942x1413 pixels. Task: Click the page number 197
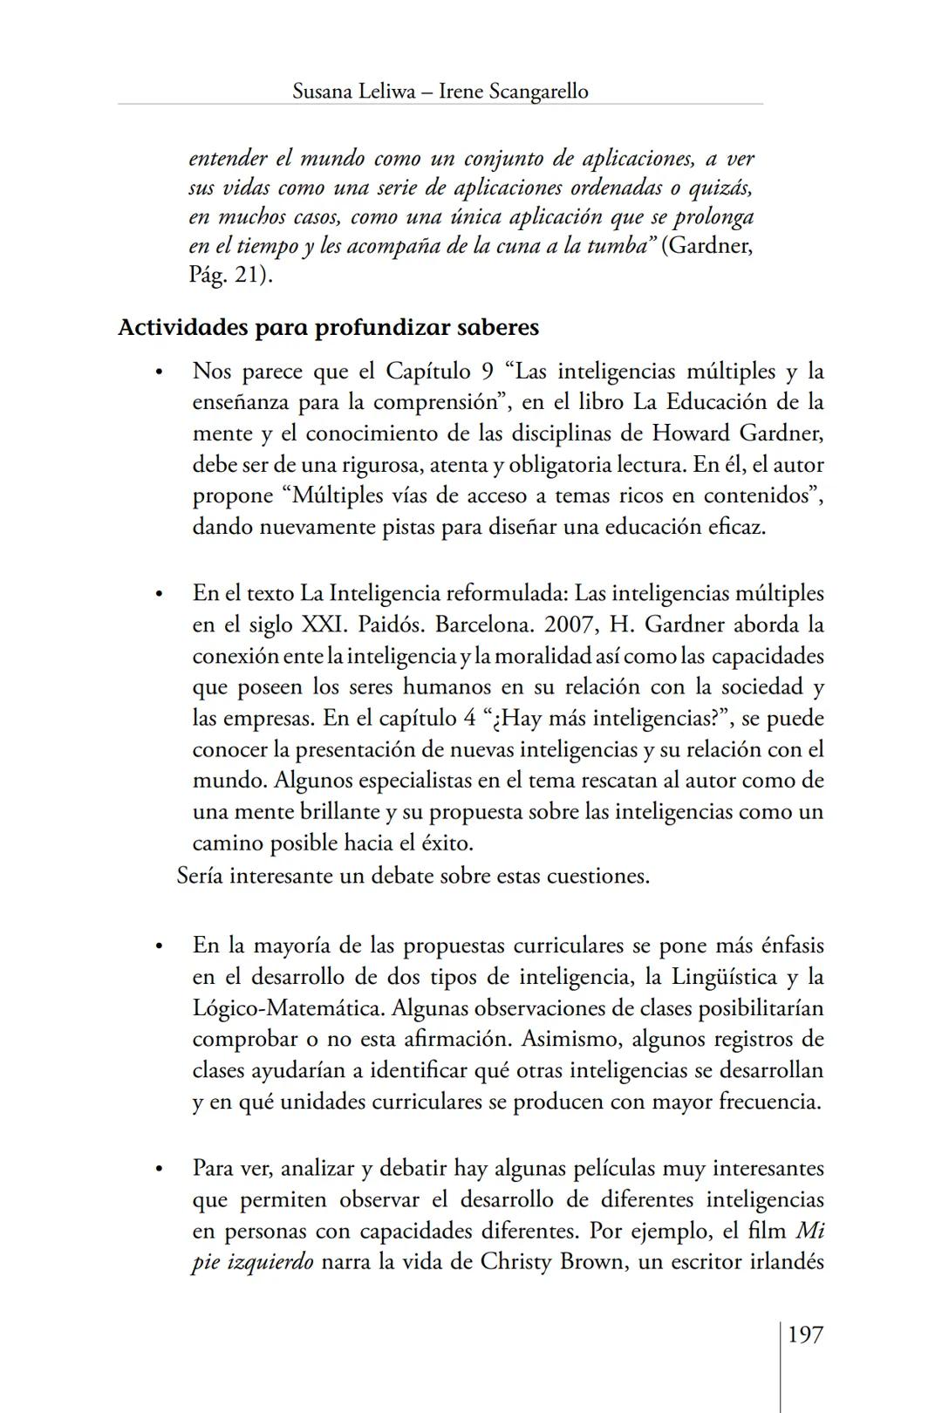coord(805,1334)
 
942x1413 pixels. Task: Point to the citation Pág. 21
coord(229,276)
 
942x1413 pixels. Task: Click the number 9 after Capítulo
coord(488,372)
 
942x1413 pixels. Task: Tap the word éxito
coord(447,843)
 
